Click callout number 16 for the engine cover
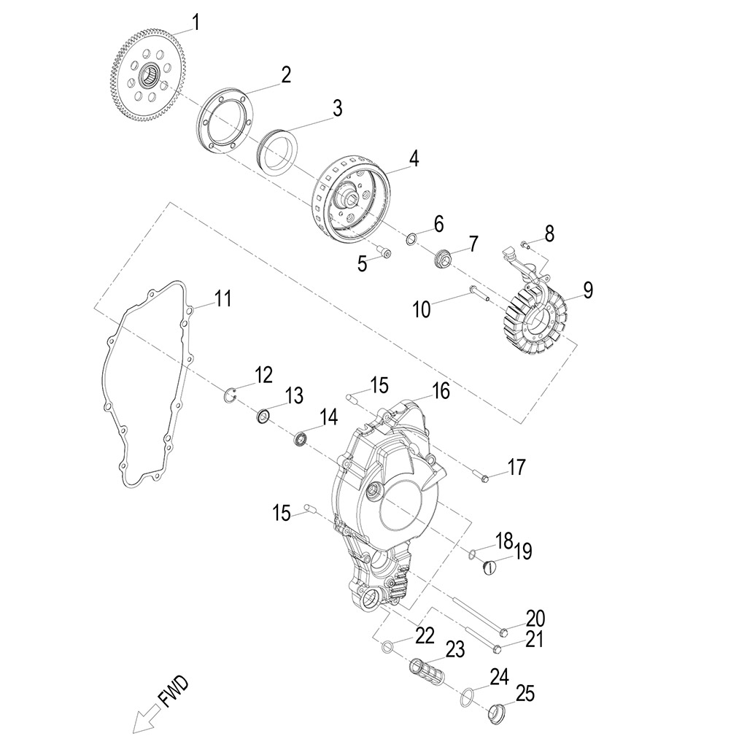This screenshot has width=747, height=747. tap(441, 391)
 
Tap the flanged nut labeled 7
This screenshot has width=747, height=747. tap(442, 258)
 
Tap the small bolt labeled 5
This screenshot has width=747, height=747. tap(383, 253)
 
